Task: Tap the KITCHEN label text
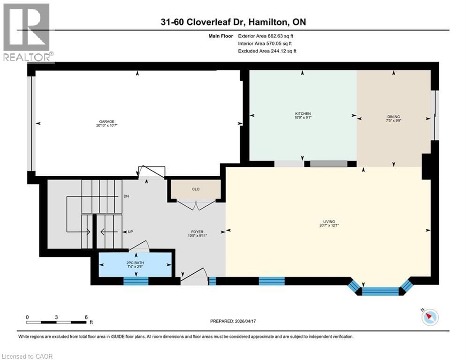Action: coord(303,114)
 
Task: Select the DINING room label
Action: coord(393,117)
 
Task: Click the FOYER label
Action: coord(196,231)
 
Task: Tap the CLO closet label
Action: coord(196,189)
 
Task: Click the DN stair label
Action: coord(126,196)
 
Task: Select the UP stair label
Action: coord(131,232)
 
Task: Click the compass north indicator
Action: coord(429,317)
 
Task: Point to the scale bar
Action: coord(57,322)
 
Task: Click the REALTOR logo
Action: coord(27,33)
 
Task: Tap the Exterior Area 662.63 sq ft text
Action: coord(267,36)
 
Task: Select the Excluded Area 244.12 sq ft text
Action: coord(267,51)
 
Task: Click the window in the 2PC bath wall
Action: coord(136,281)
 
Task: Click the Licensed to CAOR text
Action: coord(27,356)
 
